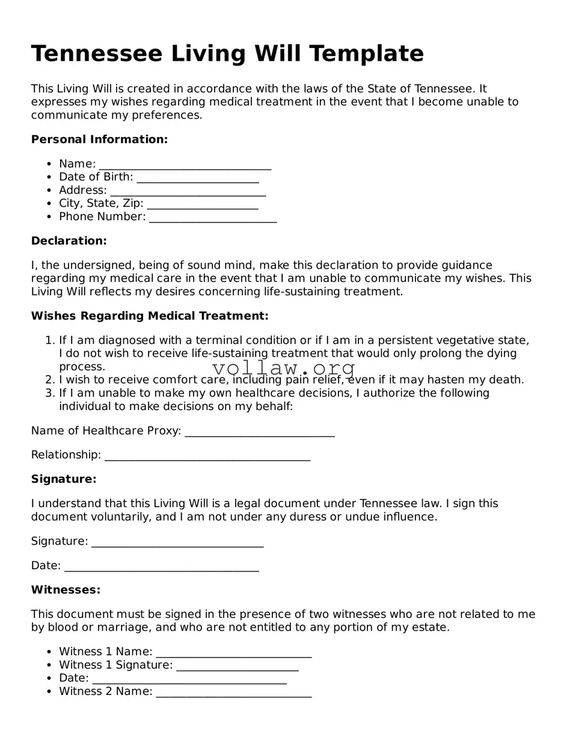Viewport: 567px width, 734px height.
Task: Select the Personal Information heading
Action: point(99,139)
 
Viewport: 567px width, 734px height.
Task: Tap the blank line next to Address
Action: point(188,192)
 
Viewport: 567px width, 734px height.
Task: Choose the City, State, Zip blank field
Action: point(203,205)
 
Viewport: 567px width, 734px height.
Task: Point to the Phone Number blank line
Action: point(213,218)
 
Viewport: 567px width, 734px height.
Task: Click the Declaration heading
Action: point(69,241)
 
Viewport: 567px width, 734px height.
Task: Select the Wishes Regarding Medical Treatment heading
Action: point(150,316)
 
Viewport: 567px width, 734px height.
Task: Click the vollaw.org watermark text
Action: point(284,368)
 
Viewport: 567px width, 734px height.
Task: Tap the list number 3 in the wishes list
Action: point(50,393)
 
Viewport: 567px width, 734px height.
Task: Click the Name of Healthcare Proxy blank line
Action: point(260,432)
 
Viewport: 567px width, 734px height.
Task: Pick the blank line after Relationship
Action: point(207,456)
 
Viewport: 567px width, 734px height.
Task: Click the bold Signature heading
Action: point(64,479)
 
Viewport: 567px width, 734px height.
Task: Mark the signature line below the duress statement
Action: point(177,543)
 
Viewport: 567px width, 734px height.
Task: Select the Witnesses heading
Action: point(66,590)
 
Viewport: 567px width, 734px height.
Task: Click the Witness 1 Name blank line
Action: point(233,653)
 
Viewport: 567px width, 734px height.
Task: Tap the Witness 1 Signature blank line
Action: point(238,667)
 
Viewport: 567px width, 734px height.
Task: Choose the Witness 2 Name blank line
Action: point(233,693)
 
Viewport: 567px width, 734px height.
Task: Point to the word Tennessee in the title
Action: point(96,54)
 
